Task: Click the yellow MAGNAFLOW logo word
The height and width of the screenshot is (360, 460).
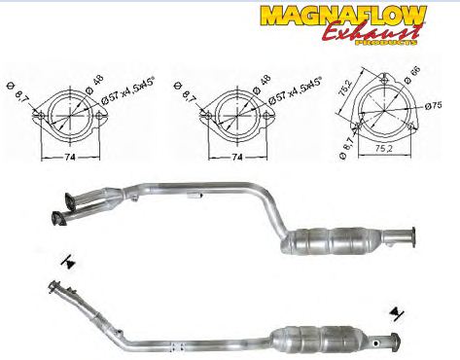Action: pyautogui.click(x=343, y=16)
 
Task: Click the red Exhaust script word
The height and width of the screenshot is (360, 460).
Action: pyautogui.click(x=372, y=32)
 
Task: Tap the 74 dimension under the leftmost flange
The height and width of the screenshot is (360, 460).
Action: pyautogui.click(x=70, y=157)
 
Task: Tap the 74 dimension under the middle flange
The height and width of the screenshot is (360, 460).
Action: pyautogui.click(x=237, y=157)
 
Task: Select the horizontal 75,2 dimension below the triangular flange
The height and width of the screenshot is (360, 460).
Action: pyautogui.click(x=384, y=149)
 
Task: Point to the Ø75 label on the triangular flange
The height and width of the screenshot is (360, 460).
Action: pyautogui.click(x=434, y=105)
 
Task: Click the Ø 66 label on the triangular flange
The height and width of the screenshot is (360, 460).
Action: pyautogui.click(x=412, y=75)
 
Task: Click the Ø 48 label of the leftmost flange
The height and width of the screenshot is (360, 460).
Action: pyautogui.click(x=94, y=84)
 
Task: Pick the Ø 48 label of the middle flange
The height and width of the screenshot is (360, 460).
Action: pyautogui.click(x=262, y=84)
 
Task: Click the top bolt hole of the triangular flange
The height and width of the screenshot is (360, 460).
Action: pyautogui.click(x=384, y=80)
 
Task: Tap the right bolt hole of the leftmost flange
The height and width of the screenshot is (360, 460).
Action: pyautogui.click(x=99, y=116)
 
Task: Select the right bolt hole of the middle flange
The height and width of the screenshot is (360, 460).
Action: pyautogui.click(x=266, y=116)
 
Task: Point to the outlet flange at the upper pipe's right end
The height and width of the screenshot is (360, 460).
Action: pyautogui.click(x=412, y=237)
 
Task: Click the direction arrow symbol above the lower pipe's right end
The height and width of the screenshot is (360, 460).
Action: pyautogui.click(x=396, y=313)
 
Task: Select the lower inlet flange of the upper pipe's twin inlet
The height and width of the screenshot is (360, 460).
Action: pyautogui.click(x=58, y=218)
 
